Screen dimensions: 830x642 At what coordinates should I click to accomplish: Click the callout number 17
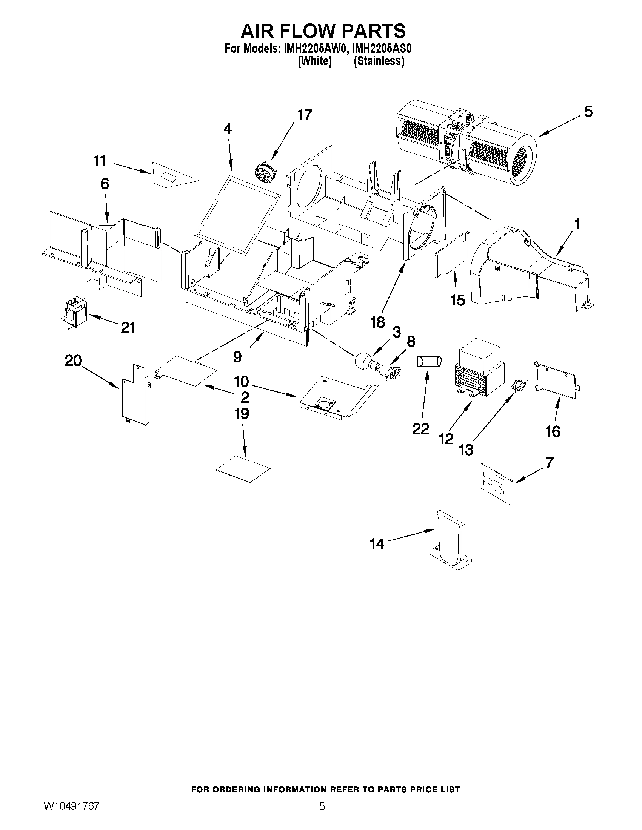(305, 114)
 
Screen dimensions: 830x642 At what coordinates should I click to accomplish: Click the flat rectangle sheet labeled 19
(243, 469)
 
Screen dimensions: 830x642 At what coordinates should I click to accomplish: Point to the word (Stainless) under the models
(379, 61)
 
